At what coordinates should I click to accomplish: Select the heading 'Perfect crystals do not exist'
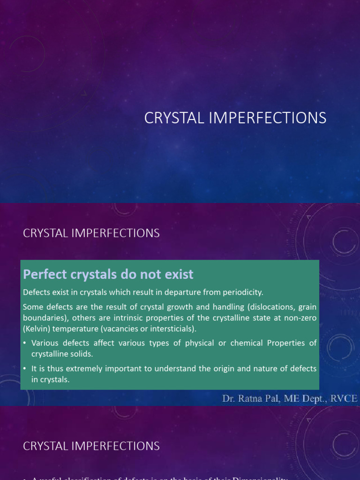coord(108,274)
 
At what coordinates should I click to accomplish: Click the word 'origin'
coord(227,369)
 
